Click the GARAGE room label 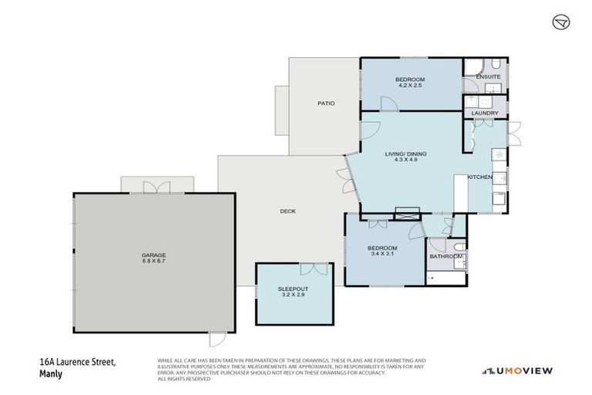pyautogui.click(x=153, y=255)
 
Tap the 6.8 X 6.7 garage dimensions pyautogui.click(x=153, y=262)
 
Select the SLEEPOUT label pyautogui.click(x=294, y=289)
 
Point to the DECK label pyautogui.click(x=288, y=211)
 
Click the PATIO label pyautogui.click(x=325, y=103)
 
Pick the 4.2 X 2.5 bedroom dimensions pyautogui.click(x=410, y=86)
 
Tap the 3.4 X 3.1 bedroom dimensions pyautogui.click(x=383, y=254)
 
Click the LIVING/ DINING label pyautogui.click(x=405, y=154)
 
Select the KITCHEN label pyautogui.click(x=479, y=177)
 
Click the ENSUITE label pyautogui.click(x=488, y=77)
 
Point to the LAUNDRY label pyautogui.click(x=485, y=113)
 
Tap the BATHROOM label pyautogui.click(x=445, y=255)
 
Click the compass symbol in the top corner pyautogui.click(x=560, y=22)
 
